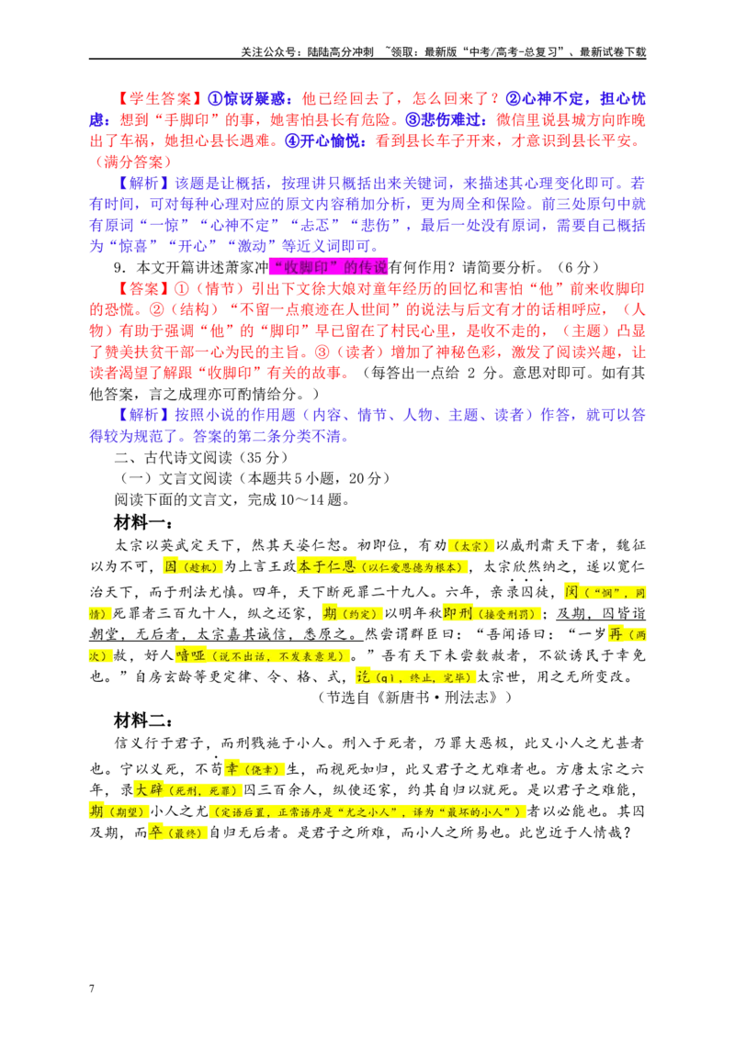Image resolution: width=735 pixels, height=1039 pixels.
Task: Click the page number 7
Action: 92,988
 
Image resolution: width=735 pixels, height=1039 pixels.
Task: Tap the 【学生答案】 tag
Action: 160,99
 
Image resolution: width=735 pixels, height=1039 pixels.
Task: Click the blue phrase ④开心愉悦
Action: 325,141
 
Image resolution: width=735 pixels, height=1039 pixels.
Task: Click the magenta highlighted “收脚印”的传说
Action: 328,267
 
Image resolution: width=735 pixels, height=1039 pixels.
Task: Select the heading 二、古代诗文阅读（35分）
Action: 201,457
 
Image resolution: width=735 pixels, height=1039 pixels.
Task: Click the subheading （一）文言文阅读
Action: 175,478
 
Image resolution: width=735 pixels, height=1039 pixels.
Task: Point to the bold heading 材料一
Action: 142,523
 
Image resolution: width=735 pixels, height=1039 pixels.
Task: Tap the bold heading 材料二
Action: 142,721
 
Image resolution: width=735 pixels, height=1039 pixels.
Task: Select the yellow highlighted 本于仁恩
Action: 326,566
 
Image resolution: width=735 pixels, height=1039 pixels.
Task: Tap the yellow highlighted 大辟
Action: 149,790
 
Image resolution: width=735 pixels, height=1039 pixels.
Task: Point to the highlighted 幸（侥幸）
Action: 254,768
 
